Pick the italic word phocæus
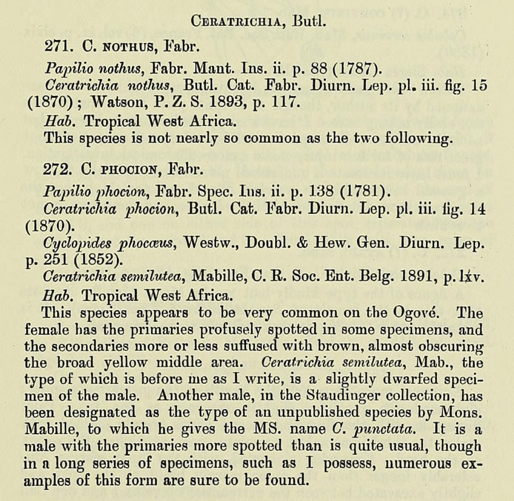tap(150, 243)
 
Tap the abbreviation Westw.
tap(212, 242)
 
